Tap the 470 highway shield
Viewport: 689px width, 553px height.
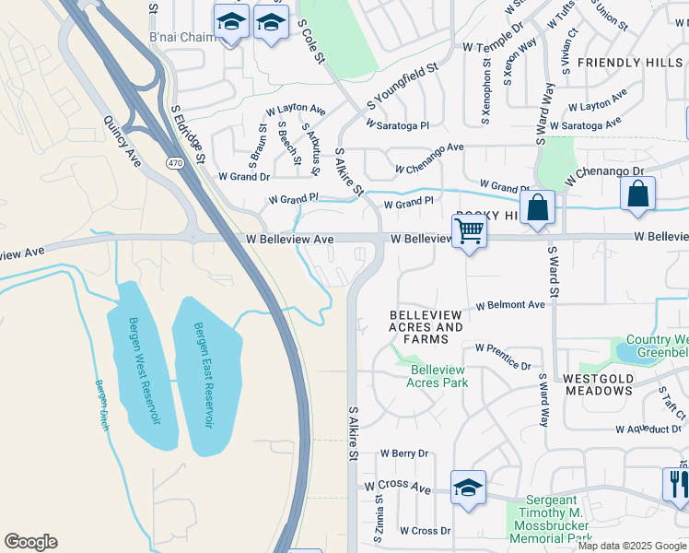175,163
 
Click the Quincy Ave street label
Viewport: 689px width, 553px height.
122,140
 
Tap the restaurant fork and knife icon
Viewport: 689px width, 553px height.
677,484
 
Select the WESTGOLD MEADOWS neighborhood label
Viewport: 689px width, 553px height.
597,384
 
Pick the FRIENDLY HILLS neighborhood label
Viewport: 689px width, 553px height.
631,62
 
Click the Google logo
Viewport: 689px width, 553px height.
30,542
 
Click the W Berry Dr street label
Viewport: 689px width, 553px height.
404,453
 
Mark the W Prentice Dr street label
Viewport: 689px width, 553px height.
503,357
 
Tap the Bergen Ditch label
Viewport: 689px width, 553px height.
101,405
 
